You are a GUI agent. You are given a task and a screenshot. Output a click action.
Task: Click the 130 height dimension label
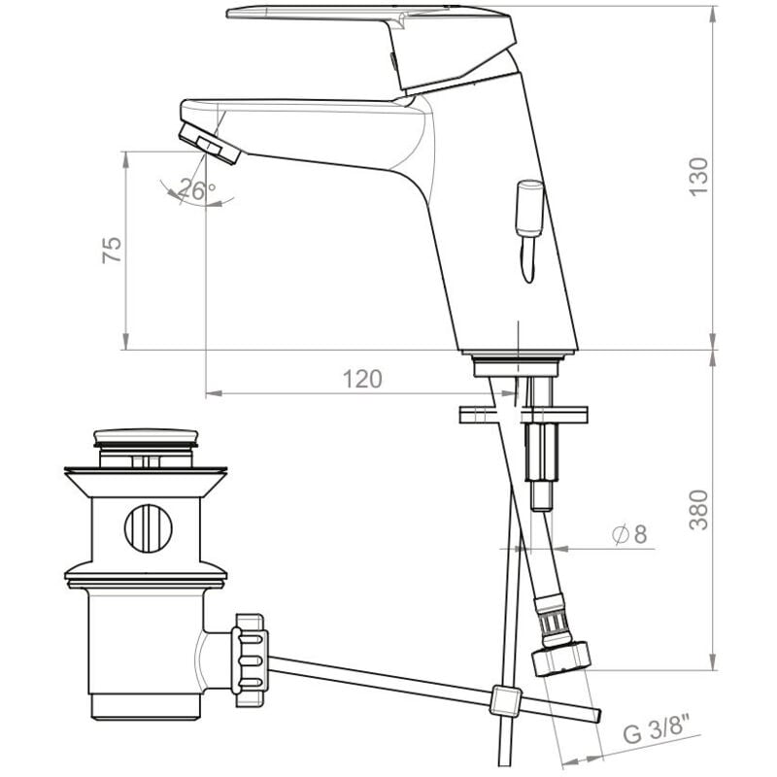pos(699,177)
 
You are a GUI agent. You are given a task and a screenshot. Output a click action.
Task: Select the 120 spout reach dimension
pos(362,379)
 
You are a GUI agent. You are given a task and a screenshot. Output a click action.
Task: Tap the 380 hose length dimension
pos(699,509)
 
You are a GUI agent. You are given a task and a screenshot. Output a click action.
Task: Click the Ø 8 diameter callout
pos(629,533)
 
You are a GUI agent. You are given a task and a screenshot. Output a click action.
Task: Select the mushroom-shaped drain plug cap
pos(147,439)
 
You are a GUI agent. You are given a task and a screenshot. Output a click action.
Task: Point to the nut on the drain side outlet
pos(251,653)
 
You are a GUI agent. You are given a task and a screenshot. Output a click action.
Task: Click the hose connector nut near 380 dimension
pos(562,659)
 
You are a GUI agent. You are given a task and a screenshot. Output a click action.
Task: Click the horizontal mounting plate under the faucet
pos(524,415)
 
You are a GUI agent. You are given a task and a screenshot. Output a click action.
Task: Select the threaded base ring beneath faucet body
pos(518,366)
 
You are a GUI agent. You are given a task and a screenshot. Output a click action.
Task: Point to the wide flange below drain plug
pos(147,477)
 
